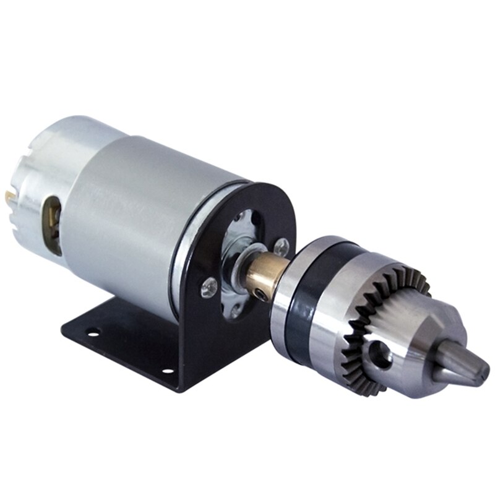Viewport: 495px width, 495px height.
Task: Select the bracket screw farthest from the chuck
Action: (x=209, y=286)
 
